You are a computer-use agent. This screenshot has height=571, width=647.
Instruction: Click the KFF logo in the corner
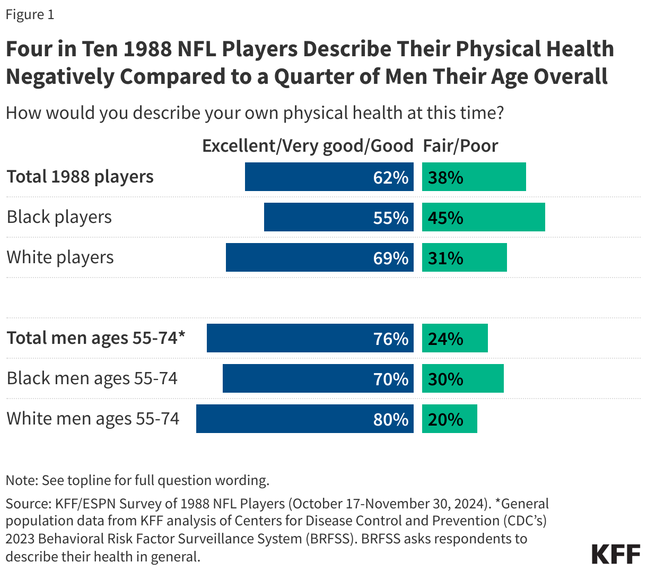[x=616, y=553]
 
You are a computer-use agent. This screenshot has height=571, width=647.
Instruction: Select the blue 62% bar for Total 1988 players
[x=329, y=177]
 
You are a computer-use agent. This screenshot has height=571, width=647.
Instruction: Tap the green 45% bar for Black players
[x=483, y=217]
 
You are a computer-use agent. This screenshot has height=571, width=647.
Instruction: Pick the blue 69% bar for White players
[x=319, y=257]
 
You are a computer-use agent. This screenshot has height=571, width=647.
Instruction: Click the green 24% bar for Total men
[x=454, y=338]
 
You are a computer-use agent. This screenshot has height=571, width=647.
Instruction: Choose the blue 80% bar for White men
[x=304, y=419]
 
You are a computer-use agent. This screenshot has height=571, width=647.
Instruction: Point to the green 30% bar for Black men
[x=462, y=378]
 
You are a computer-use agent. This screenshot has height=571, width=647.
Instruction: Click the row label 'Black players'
[x=59, y=217]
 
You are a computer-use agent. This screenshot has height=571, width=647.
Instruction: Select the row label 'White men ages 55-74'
[x=93, y=419]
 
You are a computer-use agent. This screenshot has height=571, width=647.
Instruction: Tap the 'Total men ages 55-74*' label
[x=96, y=338]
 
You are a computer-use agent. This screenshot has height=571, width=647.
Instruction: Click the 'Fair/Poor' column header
[x=460, y=146]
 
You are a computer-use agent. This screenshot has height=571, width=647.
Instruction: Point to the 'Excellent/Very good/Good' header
[x=308, y=146]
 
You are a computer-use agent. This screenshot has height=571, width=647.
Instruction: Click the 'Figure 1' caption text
[x=30, y=14]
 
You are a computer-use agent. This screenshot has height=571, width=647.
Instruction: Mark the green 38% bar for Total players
[x=474, y=177]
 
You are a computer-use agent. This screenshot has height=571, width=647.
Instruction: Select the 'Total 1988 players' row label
[x=80, y=177]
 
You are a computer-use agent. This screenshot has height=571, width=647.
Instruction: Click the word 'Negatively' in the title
[x=59, y=76]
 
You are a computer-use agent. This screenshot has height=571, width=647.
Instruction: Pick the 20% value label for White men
[x=445, y=419]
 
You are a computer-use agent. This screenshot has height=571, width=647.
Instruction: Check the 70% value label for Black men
[x=391, y=379]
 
